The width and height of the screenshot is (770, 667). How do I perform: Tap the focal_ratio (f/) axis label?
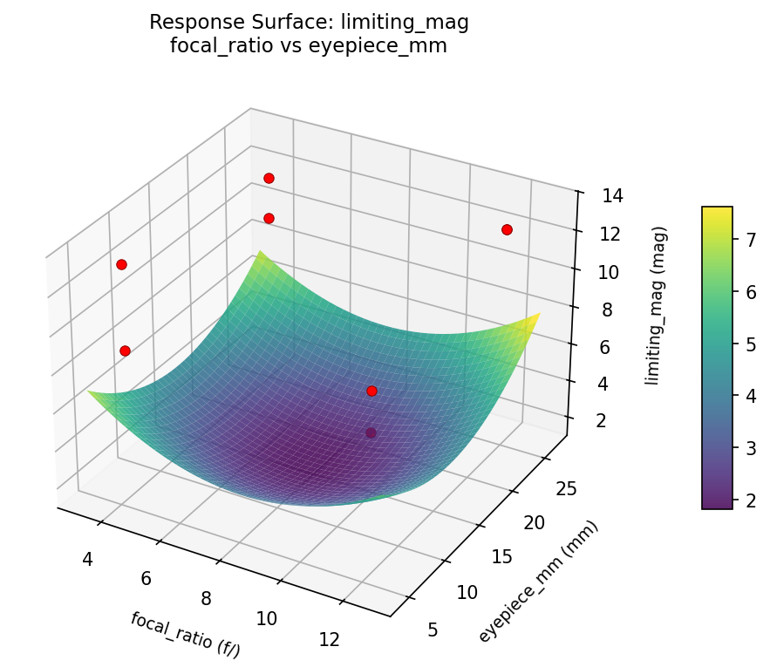(x=185, y=634)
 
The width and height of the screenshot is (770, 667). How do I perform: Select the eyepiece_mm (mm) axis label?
(x=538, y=581)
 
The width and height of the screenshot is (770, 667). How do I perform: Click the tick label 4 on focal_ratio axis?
(x=87, y=558)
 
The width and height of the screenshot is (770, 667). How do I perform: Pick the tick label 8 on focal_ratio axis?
(x=206, y=598)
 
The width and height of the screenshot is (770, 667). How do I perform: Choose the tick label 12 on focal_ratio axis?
(x=329, y=639)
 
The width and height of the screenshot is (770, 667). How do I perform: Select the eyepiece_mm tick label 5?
(x=433, y=630)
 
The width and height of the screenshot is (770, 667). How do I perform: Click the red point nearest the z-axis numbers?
(x=507, y=229)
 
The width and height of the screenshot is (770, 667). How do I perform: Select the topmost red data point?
(x=269, y=178)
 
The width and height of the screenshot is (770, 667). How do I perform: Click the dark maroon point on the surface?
(x=371, y=432)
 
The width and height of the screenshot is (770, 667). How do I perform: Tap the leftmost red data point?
(x=121, y=264)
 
